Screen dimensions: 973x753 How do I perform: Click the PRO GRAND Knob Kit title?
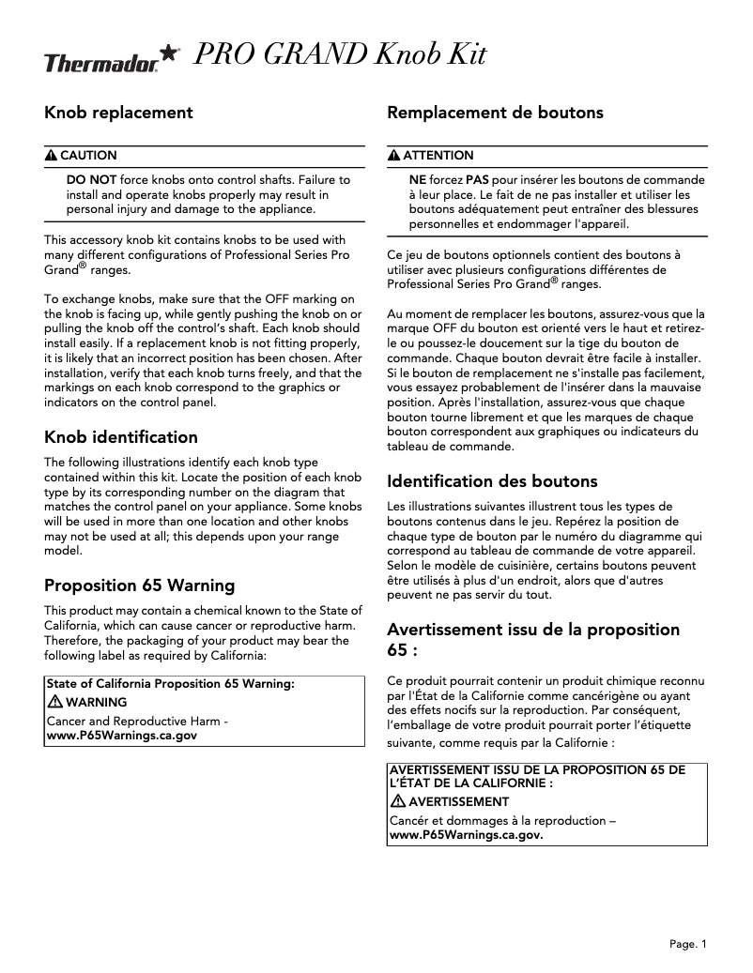[x=339, y=56]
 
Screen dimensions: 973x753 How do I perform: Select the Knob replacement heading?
[x=118, y=113]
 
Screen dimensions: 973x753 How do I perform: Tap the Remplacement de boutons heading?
[x=495, y=113]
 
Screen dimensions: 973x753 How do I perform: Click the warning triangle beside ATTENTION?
[x=394, y=156]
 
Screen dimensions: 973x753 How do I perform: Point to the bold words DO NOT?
[x=91, y=179]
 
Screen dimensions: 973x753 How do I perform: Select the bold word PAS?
[x=478, y=179]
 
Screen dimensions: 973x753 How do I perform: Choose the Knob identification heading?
[x=121, y=437]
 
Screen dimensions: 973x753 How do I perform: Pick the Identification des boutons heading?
[x=492, y=481]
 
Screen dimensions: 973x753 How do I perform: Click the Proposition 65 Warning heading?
[x=140, y=585]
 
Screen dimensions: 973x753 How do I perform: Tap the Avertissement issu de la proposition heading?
[x=533, y=629]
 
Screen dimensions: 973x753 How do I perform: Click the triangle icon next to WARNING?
[x=54, y=702]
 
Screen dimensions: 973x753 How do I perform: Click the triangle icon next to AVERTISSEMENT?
[x=397, y=801]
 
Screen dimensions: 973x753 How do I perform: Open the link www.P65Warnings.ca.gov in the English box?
[x=122, y=737]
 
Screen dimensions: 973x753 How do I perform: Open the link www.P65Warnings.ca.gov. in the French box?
[x=466, y=834]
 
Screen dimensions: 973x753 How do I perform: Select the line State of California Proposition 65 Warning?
[x=170, y=685]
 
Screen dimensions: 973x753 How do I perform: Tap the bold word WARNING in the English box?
[x=97, y=702]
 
